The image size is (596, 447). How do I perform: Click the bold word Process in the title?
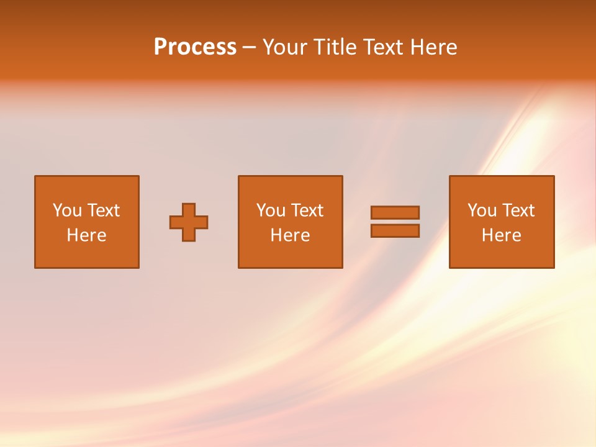pyautogui.click(x=195, y=47)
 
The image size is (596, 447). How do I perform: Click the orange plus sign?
pyautogui.click(x=189, y=222)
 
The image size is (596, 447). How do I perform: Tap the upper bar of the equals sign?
pyautogui.click(x=395, y=213)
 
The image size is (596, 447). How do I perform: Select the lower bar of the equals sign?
pyautogui.click(x=395, y=231)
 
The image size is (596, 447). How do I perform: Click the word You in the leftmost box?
pyautogui.click(x=66, y=210)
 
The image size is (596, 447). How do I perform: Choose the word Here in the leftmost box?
pyautogui.click(x=86, y=235)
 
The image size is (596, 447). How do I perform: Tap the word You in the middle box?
pyautogui.click(x=271, y=210)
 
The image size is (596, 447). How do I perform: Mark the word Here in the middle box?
pyautogui.click(x=290, y=235)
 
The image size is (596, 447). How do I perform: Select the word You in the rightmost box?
pyautogui.click(x=482, y=210)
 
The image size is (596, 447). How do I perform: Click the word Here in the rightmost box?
pyautogui.click(x=501, y=235)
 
